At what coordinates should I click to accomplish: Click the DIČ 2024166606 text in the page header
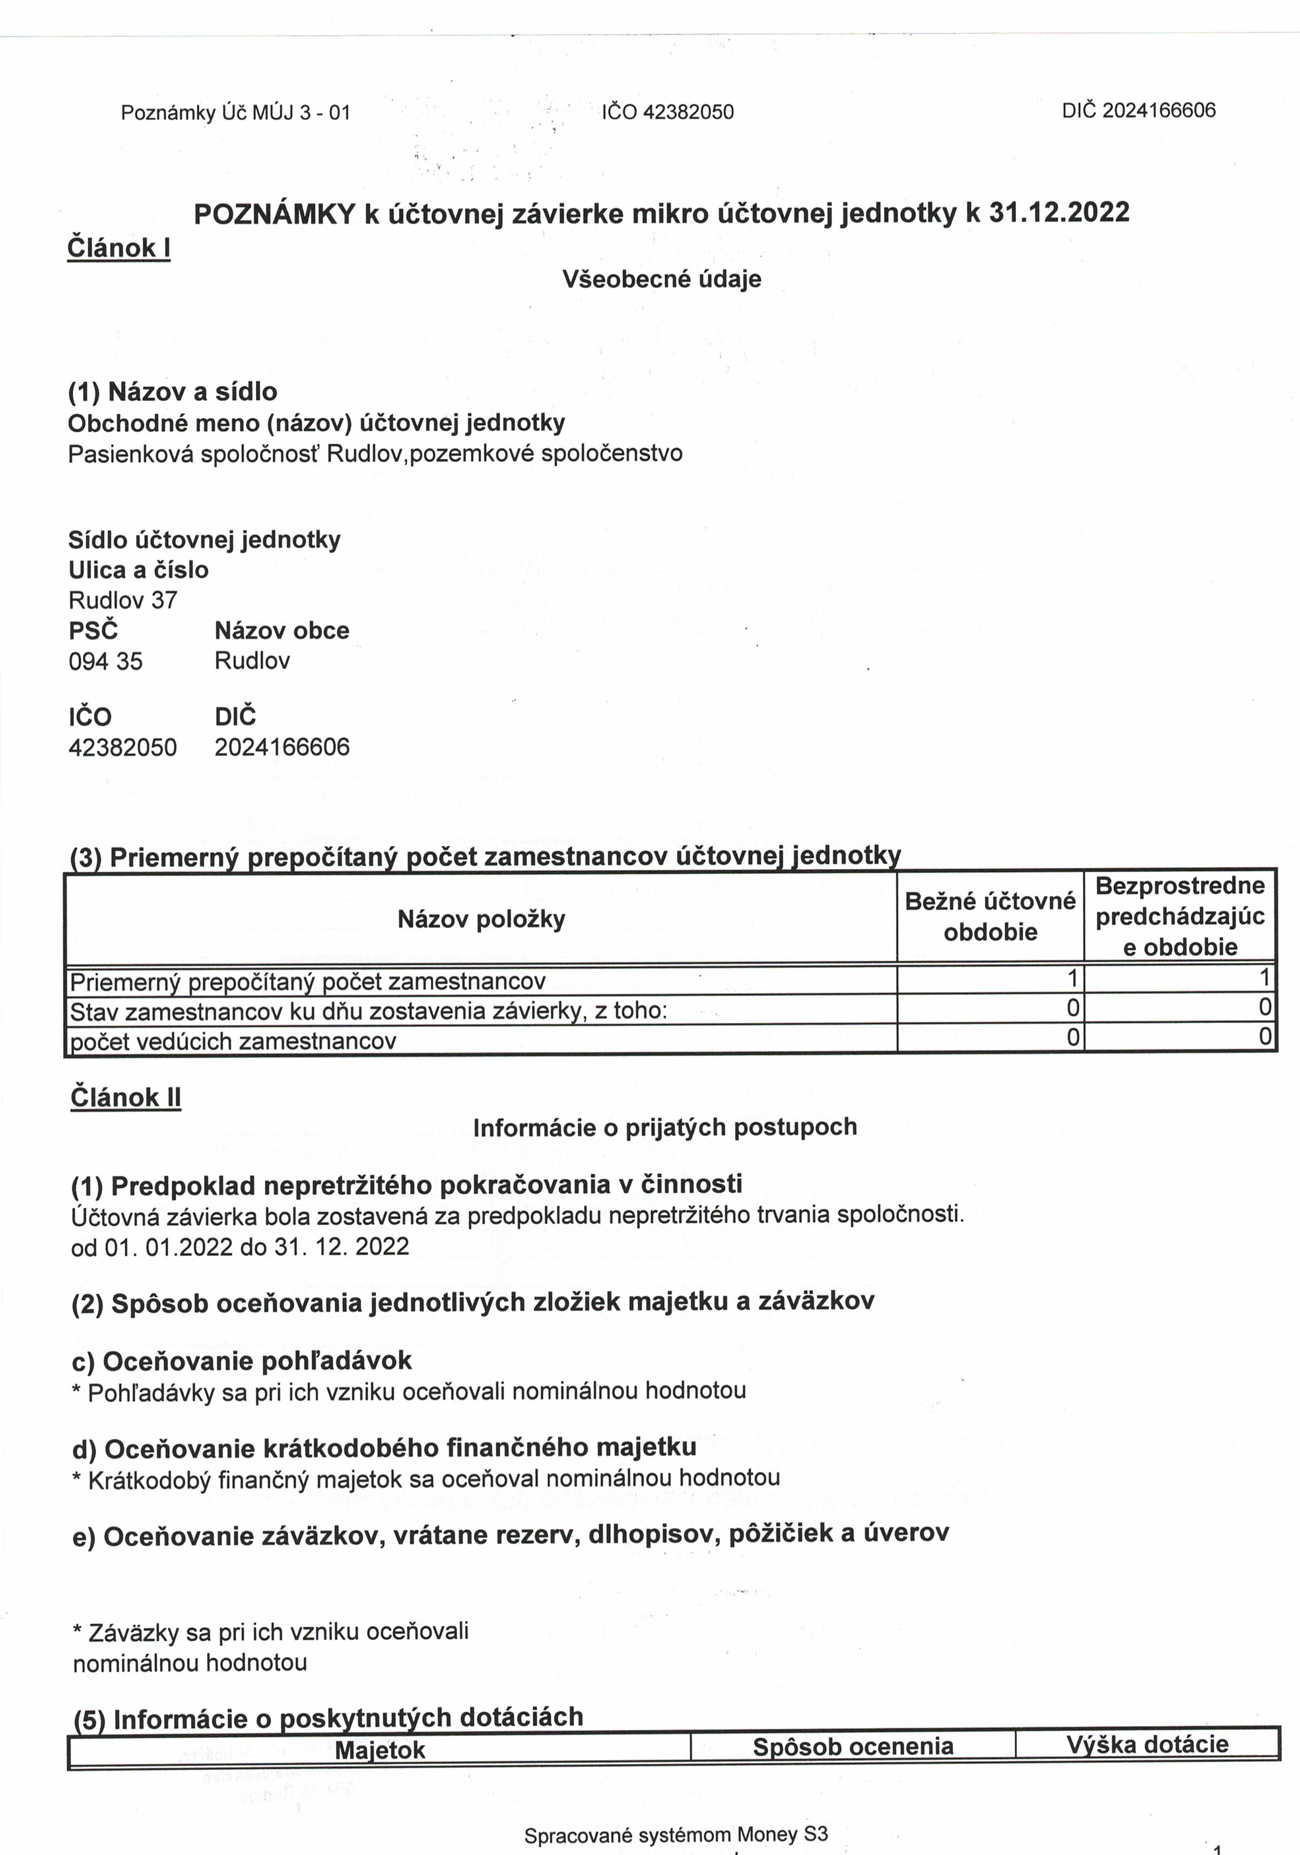[x=1139, y=111]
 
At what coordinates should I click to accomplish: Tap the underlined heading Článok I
[x=119, y=247]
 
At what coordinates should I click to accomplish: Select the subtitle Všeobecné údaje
[x=662, y=280]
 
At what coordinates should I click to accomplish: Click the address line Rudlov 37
[x=123, y=600]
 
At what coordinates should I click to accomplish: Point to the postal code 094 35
[x=106, y=662]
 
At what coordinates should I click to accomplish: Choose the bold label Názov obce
[x=282, y=630]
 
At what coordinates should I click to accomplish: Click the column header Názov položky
[x=481, y=920]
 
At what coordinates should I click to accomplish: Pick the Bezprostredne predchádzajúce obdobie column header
[x=1180, y=916]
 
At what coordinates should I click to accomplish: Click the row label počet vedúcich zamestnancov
[x=234, y=1042]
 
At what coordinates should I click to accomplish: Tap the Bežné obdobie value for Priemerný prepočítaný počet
[x=1072, y=979]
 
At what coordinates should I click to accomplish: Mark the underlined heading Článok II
[x=126, y=1098]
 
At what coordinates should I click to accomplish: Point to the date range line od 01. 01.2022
[x=240, y=1247]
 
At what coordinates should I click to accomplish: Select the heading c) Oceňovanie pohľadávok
[x=242, y=1361]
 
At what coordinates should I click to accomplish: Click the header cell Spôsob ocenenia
[x=853, y=1747]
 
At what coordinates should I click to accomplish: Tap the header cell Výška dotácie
[x=1147, y=1744]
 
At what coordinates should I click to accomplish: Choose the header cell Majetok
[x=380, y=1749]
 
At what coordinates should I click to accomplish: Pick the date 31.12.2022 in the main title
[x=1059, y=213]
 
